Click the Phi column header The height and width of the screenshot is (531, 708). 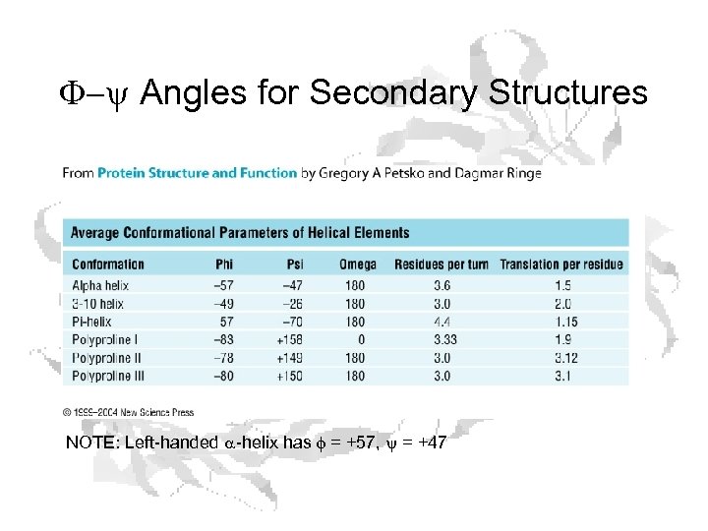point(225,264)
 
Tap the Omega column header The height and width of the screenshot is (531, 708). point(357,264)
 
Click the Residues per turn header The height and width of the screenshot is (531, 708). point(442,264)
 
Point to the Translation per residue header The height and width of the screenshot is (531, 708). point(561,264)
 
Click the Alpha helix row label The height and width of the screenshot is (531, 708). point(100,285)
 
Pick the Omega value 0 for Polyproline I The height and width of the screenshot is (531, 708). point(361,339)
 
